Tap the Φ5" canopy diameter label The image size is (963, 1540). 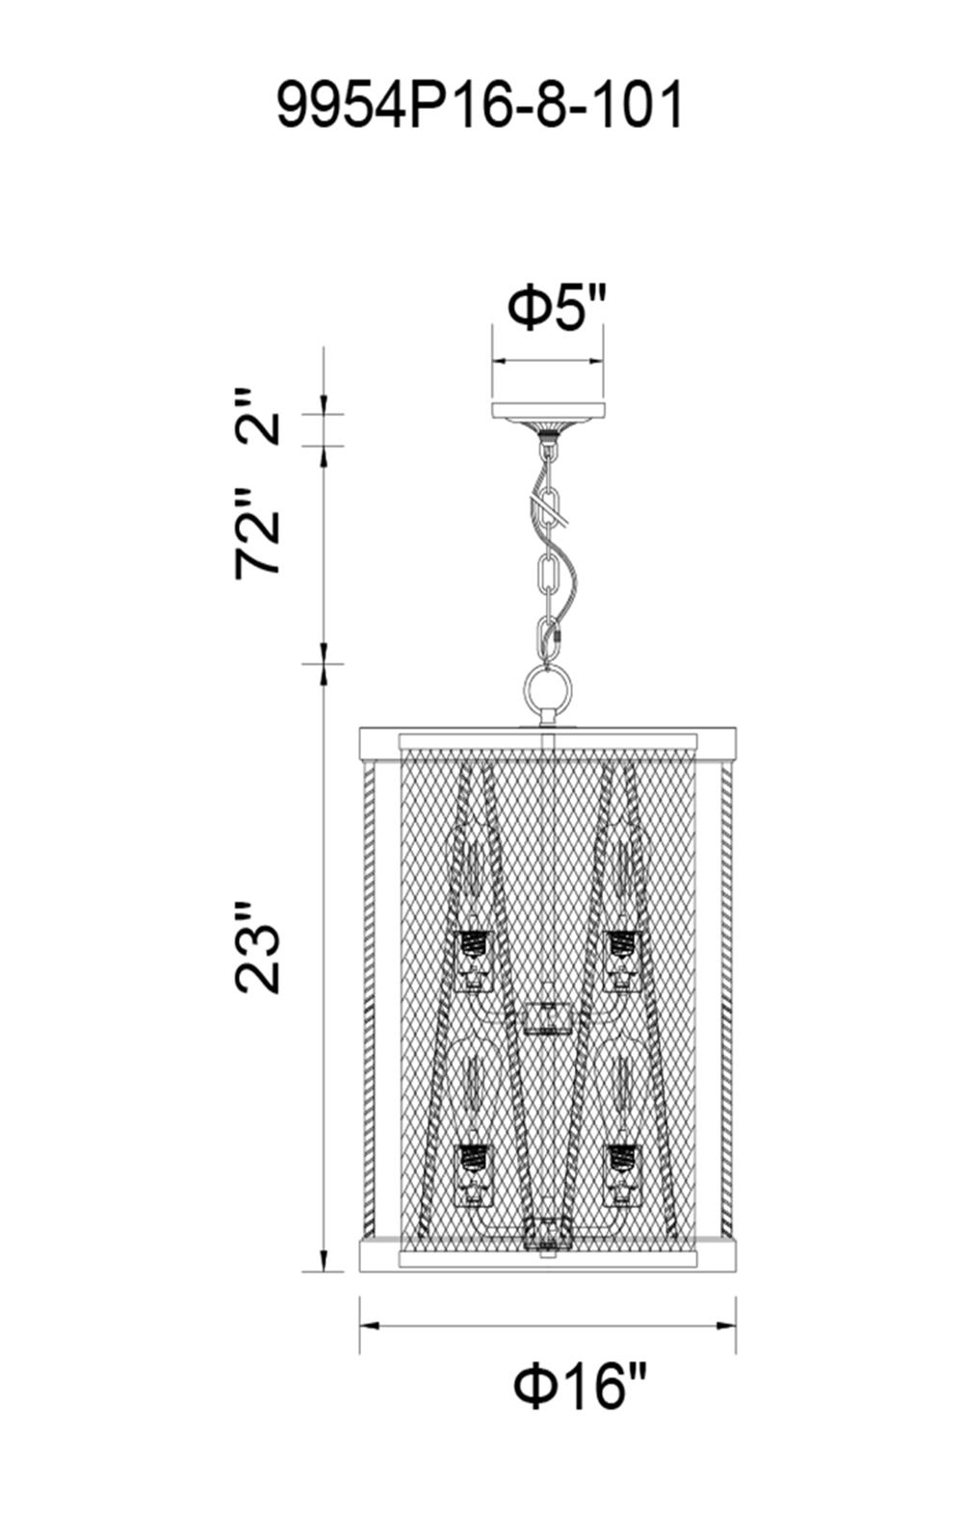(x=558, y=309)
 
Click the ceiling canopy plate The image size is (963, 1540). (x=548, y=411)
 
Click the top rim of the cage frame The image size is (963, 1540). (x=548, y=742)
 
